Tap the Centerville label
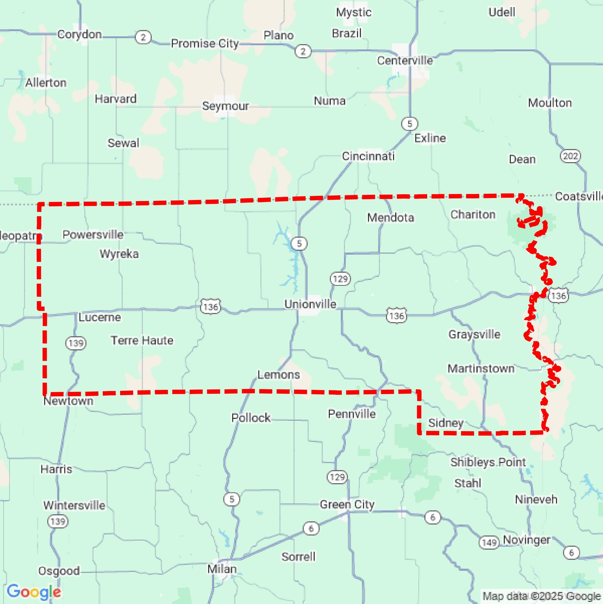(x=405, y=60)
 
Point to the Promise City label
(x=204, y=43)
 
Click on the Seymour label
(x=225, y=106)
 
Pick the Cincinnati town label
(x=368, y=156)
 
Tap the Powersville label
(x=93, y=235)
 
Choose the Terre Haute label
(x=142, y=340)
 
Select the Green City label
(x=347, y=504)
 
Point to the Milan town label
(x=222, y=569)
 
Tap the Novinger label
(x=526, y=540)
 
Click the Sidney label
(x=446, y=423)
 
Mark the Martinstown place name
(x=481, y=369)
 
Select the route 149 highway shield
(x=489, y=542)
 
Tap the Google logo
(x=34, y=592)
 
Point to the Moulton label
(x=550, y=103)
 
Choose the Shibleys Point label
(x=488, y=462)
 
